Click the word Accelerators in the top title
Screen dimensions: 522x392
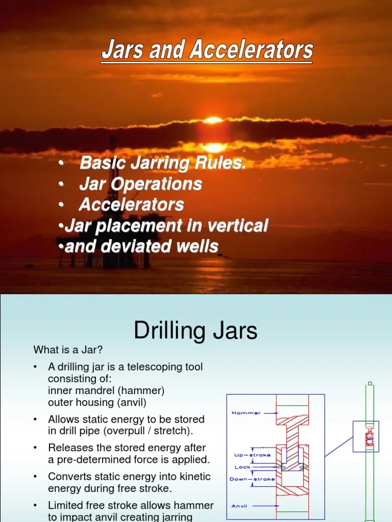(x=252, y=50)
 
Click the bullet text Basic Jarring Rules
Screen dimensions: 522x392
(x=163, y=164)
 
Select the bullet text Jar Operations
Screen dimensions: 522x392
(x=140, y=184)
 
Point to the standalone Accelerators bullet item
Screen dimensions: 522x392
(x=131, y=205)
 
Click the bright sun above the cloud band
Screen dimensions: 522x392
(x=213, y=121)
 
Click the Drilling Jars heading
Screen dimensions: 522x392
(x=195, y=331)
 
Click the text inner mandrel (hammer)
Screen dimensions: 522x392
(x=106, y=391)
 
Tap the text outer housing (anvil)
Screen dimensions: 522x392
(x=97, y=403)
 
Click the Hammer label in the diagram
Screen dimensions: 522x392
(x=246, y=413)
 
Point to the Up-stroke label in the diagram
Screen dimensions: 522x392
(x=252, y=455)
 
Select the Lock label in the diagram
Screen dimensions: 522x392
(x=242, y=467)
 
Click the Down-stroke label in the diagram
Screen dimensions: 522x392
(x=252, y=479)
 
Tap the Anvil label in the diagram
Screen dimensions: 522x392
(x=239, y=506)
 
